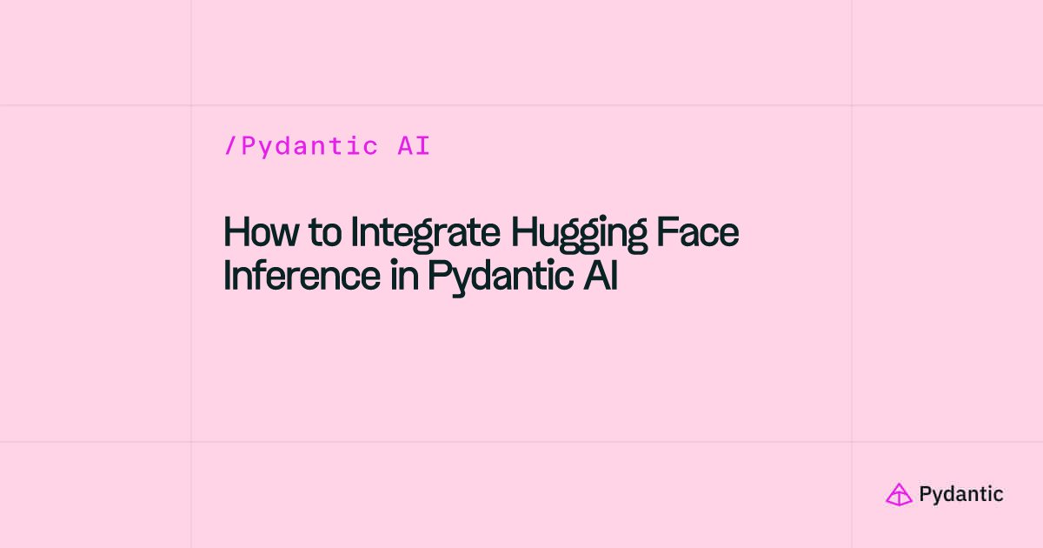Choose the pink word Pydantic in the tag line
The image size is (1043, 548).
coord(309,146)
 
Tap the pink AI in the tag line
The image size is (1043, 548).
coord(414,146)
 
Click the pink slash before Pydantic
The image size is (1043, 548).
coord(230,146)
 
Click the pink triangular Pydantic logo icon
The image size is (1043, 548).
coord(899,494)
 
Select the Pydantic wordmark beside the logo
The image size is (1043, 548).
coord(960,495)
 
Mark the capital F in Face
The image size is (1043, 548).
coord(673,232)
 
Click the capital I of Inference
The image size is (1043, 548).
coord(229,277)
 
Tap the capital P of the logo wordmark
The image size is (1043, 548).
coord(925,494)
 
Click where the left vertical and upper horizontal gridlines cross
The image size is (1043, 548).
coord(191,105)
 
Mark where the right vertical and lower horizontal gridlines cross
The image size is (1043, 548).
coord(852,442)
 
